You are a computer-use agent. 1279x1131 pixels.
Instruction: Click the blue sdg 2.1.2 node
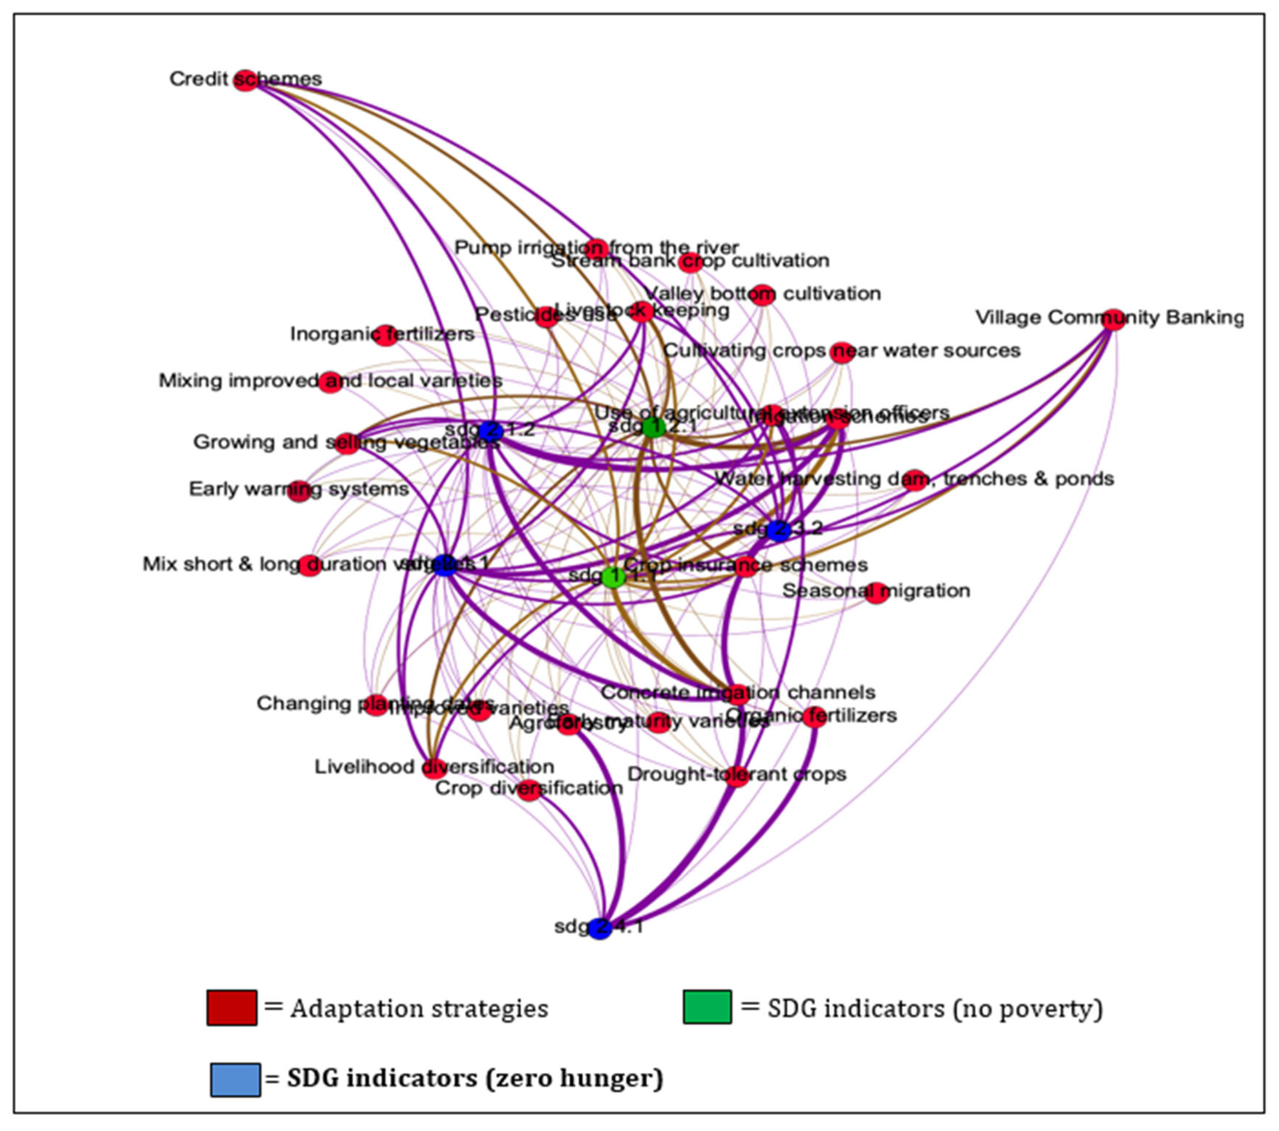491,430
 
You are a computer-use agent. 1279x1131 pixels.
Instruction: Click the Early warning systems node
299,491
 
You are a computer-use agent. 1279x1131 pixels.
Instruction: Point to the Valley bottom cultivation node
762,295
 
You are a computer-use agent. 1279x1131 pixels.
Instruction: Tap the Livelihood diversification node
434,768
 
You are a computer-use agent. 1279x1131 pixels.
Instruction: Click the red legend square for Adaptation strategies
231,1007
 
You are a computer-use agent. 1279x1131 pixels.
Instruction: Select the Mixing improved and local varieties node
330,382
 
